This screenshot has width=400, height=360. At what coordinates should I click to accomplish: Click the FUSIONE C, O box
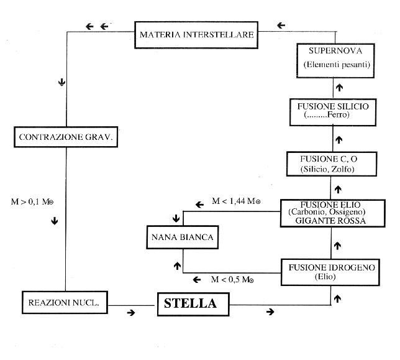pos(329,163)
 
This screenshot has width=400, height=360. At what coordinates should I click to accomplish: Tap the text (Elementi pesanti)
pos(336,65)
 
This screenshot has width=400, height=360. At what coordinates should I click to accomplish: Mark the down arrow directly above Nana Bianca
pos(177,218)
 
